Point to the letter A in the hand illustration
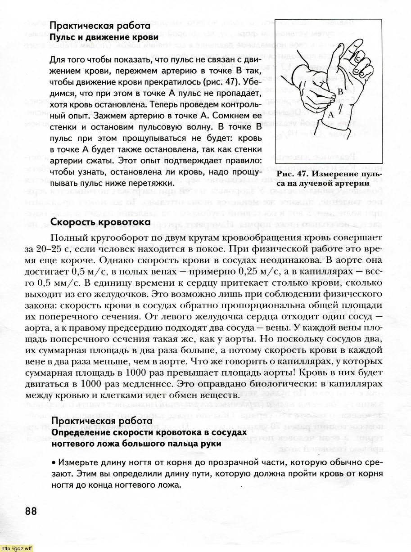coord(330,115)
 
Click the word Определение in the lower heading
coord(83,432)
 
